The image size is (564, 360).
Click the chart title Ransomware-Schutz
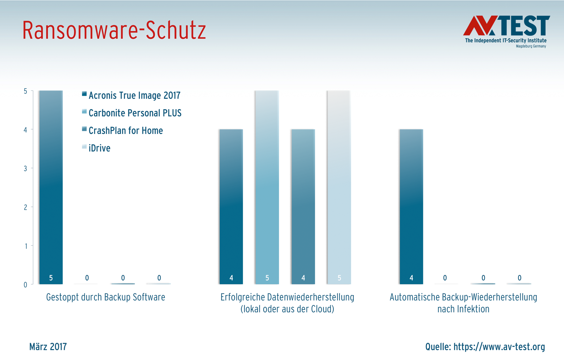[114, 30]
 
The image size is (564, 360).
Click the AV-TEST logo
[506, 27]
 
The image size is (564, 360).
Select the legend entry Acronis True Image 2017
[134, 95]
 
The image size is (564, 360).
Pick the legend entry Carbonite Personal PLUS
[135, 113]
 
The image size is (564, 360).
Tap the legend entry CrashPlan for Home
[125, 131]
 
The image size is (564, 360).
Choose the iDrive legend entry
[99, 148]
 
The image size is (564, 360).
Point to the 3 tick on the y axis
[25, 168]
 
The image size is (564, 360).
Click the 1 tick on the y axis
[26, 246]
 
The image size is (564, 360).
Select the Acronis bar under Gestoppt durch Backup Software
[51, 187]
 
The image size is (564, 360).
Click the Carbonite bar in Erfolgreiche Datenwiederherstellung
[267, 187]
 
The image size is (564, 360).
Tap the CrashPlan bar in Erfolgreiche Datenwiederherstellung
[303, 206]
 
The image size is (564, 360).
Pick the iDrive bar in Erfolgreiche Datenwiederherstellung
[339, 187]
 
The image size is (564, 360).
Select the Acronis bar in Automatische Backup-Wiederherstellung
[411, 206]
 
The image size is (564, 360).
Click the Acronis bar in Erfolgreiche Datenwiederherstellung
[231, 206]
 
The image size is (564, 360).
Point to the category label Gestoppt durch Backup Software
[105, 297]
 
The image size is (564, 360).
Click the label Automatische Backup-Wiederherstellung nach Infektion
[463, 303]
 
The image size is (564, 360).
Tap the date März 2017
[48, 347]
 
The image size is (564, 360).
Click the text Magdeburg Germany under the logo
[531, 46]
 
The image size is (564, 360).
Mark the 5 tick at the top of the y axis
[25, 91]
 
